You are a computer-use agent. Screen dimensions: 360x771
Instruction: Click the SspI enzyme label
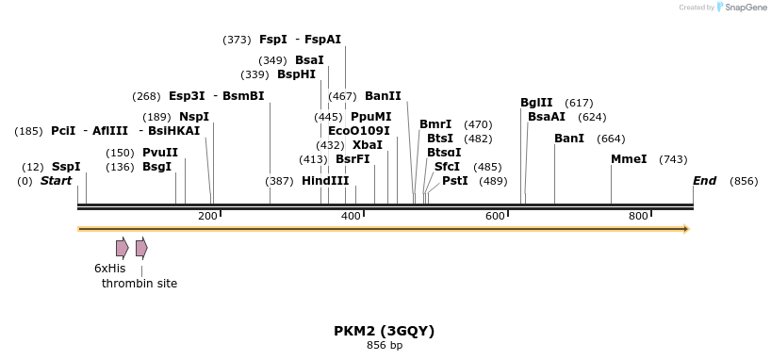coord(66,167)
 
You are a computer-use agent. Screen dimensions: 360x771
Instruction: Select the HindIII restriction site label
coord(325,181)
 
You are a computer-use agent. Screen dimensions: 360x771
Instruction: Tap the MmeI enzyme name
coord(629,159)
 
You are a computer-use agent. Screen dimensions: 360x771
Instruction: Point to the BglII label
coord(536,103)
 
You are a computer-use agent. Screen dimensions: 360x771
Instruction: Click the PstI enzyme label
coord(455,181)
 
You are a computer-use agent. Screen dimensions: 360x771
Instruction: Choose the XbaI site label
coord(368,145)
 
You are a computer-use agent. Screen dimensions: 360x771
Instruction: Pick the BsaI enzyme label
coord(309,60)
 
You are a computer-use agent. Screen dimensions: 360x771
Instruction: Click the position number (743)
coord(673,159)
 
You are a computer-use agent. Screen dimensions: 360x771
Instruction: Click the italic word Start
coord(56,181)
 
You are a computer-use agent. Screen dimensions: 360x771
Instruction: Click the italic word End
coord(704,181)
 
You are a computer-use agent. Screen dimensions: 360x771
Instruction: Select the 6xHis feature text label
coord(109,269)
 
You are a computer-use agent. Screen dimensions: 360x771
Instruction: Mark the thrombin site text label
coord(139,283)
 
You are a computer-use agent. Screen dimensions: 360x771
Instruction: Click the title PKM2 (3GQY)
coord(384,331)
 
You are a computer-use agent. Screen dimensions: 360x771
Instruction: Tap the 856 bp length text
coord(384,346)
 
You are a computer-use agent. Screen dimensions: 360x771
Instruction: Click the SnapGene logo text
coord(745,8)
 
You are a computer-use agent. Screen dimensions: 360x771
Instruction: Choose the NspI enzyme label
coord(194,117)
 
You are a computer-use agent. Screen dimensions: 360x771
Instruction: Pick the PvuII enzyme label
coord(160,153)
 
